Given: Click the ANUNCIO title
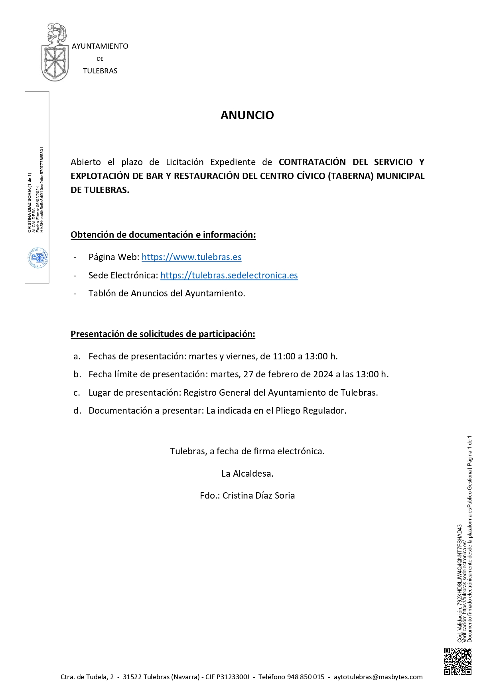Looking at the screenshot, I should (x=247, y=115).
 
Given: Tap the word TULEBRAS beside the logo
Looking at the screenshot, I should (x=100, y=71).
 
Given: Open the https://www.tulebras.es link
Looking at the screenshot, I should (x=191, y=257).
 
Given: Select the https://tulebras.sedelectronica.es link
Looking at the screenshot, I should (x=229, y=276).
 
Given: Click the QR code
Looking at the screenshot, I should (x=458, y=661).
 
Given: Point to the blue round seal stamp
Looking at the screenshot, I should (x=38, y=258).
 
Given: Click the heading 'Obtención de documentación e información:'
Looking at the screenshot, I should (x=163, y=235).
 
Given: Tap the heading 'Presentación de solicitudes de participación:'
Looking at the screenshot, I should (x=163, y=334).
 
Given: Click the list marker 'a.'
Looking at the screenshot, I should (x=77, y=357).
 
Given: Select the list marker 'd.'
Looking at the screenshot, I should (x=77, y=411).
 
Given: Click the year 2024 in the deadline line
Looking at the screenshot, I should (x=323, y=375).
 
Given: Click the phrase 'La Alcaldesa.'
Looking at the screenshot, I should (x=247, y=474).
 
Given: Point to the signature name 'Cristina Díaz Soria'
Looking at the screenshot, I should (x=258, y=496).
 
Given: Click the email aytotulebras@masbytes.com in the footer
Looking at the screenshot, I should (x=378, y=677).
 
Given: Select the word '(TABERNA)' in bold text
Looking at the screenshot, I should (x=351, y=176).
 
